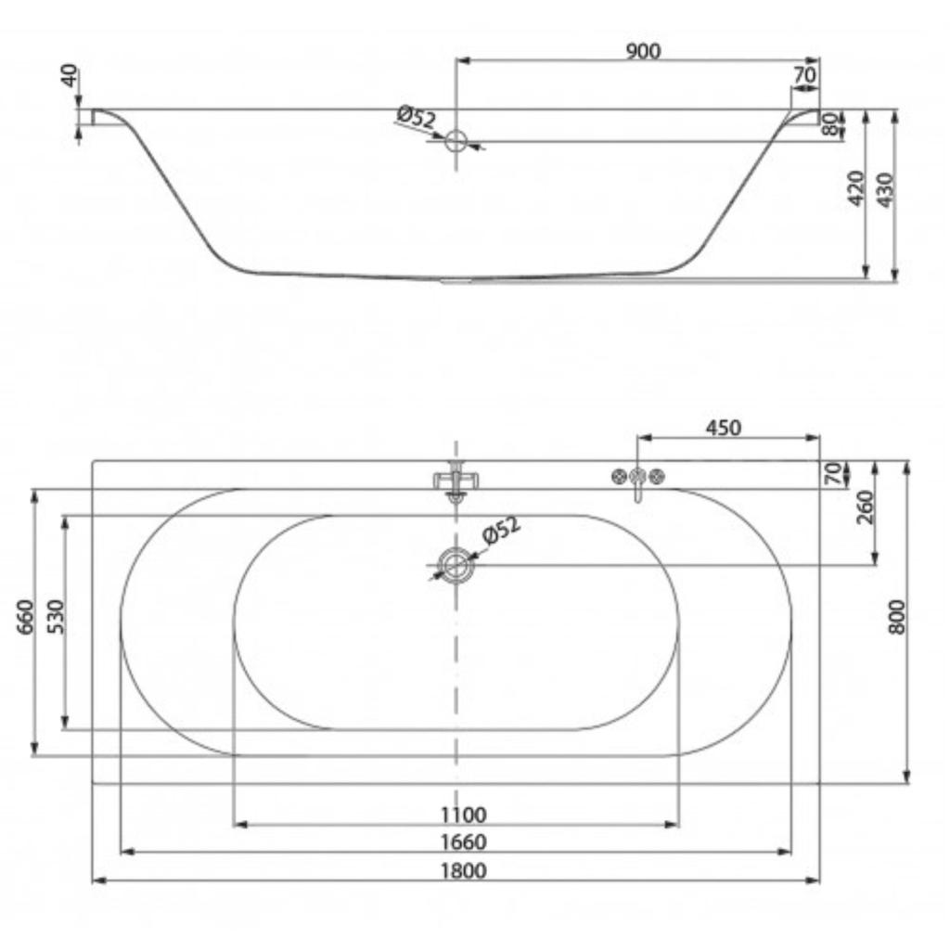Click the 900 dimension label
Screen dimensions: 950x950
coord(642,52)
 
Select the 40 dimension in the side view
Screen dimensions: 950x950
coord(71,76)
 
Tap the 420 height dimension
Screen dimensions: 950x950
coord(855,187)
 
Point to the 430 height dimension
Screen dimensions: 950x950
coord(885,190)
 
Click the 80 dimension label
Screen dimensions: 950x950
coord(830,123)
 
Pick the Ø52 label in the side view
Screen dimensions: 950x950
coord(417,117)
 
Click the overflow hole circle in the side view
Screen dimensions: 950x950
coord(456,142)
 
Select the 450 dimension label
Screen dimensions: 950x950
coord(724,429)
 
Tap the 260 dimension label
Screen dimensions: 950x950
coord(866,507)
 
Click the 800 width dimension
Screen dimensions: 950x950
coord(897,617)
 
